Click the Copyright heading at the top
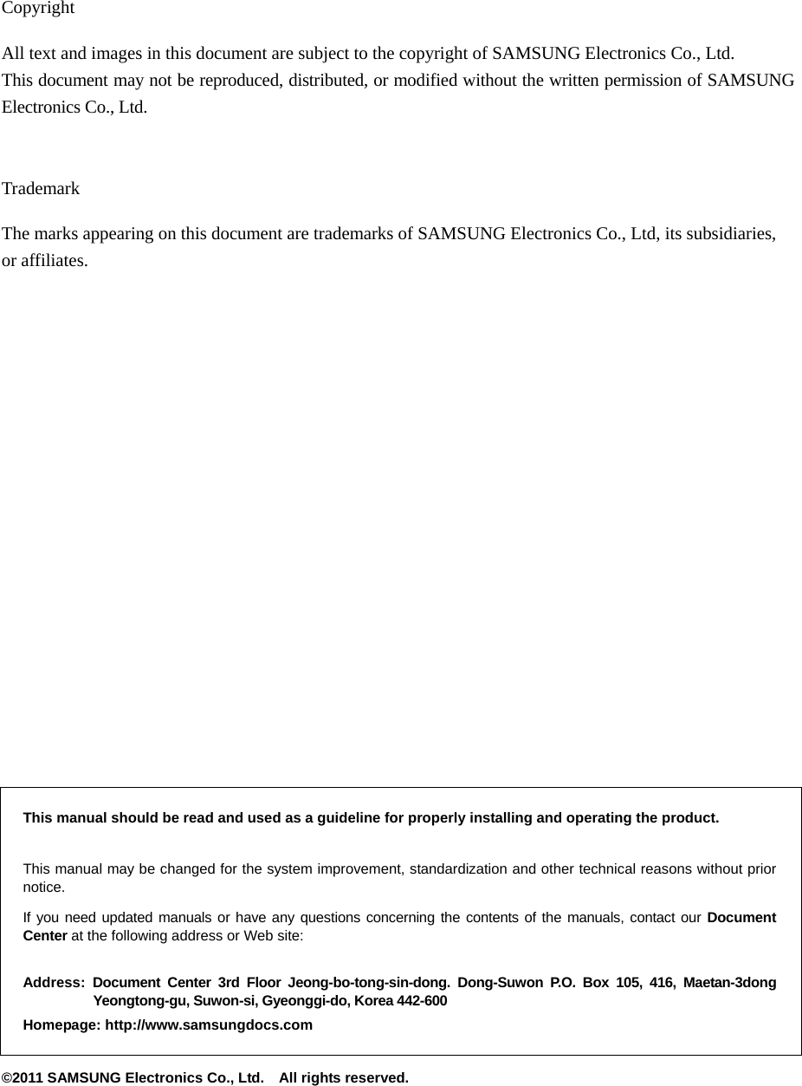(x=38, y=9)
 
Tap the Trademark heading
(x=41, y=188)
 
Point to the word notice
(x=42, y=888)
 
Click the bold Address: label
(x=54, y=983)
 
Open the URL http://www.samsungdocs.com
(x=209, y=1025)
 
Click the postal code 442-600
(x=423, y=1001)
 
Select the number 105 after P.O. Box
(x=625, y=983)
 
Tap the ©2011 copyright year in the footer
(x=23, y=1078)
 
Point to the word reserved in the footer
(x=377, y=1078)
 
